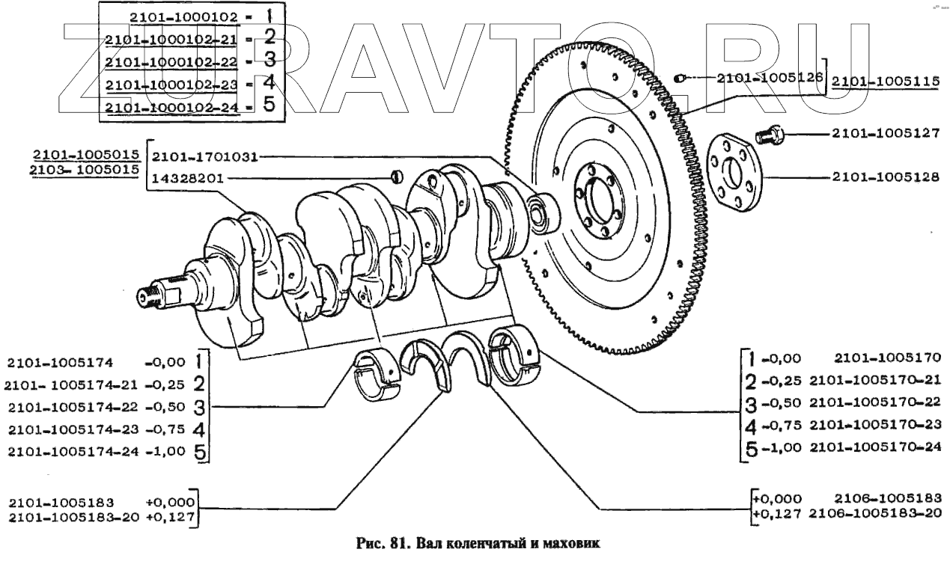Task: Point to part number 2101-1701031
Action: pos(204,157)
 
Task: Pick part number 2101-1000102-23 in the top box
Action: pos(171,84)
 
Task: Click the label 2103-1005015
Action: pos(85,171)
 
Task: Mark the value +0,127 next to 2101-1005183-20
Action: pos(171,515)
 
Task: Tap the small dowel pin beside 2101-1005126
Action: pos(679,77)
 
